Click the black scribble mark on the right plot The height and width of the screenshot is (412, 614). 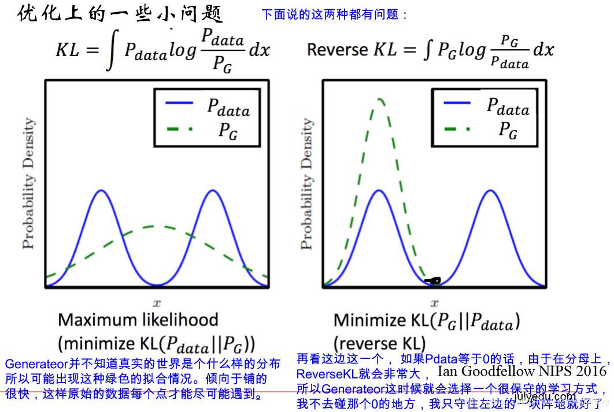click(432, 281)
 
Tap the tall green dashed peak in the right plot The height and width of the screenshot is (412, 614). click(379, 101)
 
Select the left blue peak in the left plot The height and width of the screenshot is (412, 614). click(102, 191)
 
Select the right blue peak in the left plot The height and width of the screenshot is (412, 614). click(213, 191)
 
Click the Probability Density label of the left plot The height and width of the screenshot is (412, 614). click(28, 183)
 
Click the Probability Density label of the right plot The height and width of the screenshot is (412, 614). click(307, 183)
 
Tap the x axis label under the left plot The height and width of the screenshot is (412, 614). click(157, 302)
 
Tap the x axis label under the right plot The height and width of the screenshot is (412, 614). click(435, 302)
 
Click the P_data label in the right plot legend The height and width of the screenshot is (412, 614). click(508, 106)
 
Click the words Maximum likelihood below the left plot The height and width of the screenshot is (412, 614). click(138, 320)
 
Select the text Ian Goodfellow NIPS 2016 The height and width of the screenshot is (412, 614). click(522, 370)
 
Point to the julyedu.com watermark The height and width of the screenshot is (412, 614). click(545, 397)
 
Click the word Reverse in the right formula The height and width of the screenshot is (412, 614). click(338, 50)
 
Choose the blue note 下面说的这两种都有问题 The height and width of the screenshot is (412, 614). click(335, 14)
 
